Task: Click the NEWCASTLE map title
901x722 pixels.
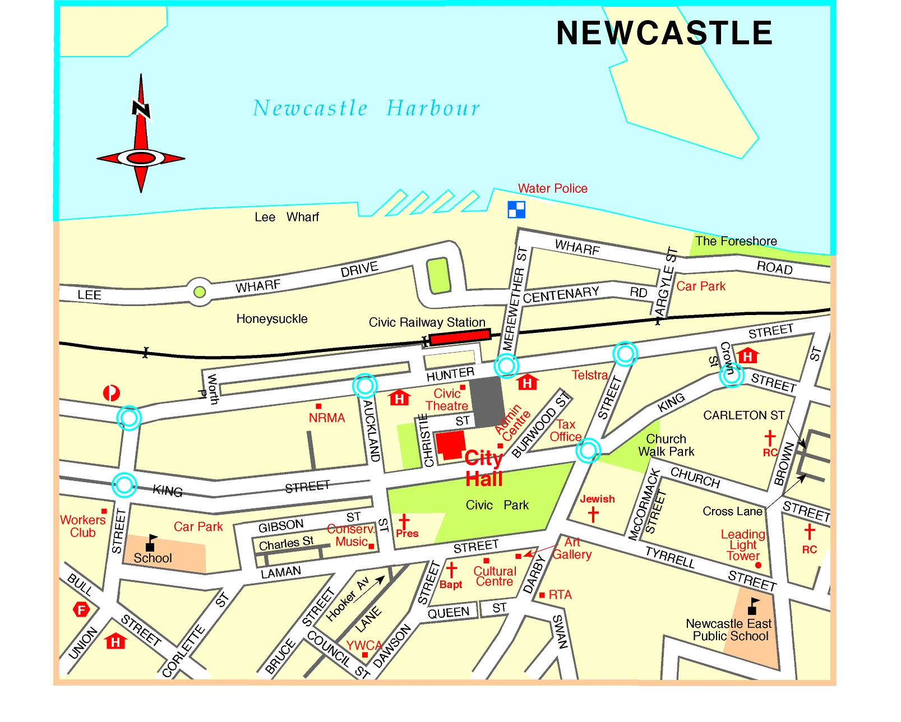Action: [664, 33]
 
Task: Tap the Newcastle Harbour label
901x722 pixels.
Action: [366, 108]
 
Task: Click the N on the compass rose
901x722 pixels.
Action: [141, 109]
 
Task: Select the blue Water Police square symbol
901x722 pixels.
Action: [516, 210]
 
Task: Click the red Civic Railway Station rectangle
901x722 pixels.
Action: [460, 337]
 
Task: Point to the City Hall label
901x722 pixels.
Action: [484, 469]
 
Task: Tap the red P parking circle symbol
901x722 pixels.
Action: [112, 393]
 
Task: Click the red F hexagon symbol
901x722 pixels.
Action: [82, 609]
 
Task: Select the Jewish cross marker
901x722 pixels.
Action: [593, 514]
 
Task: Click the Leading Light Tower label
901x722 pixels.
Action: [743, 545]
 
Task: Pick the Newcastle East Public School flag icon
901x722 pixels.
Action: [753, 607]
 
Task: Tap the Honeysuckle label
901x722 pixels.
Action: [272, 319]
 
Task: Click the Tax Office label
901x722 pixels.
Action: [565, 431]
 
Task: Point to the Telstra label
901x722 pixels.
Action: [589, 375]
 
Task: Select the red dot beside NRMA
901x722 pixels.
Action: [318, 406]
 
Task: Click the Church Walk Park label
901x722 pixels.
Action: [666, 445]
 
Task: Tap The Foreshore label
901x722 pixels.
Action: [736, 241]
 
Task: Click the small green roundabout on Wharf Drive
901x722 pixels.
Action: [199, 292]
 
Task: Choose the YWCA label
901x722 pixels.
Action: [364, 645]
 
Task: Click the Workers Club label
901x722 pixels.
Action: [82, 526]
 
